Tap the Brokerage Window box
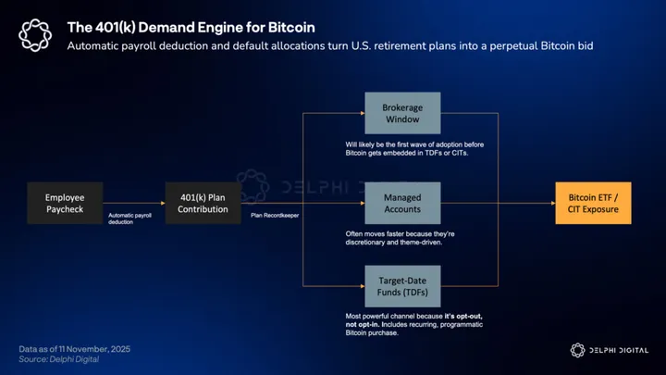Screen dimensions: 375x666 click(402, 114)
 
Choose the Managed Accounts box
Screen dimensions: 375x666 click(402, 203)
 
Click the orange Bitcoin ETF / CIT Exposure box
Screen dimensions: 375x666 click(593, 203)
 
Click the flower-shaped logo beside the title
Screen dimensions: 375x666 click(34, 35)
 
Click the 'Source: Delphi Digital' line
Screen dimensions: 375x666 click(59, 359)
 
